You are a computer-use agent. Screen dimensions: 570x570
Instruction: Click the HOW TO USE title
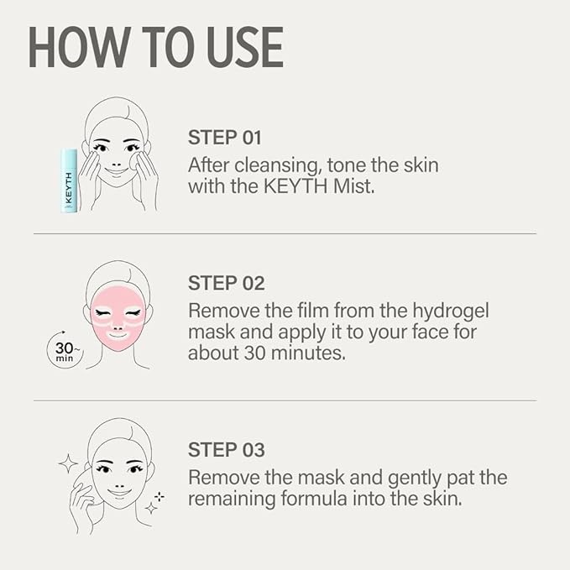tap(156, 48)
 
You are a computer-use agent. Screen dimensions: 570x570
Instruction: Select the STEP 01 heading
tap(226, 138)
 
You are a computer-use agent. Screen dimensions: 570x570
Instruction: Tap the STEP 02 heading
tap(226, 282)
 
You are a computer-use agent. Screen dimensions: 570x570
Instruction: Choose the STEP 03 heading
tap(226, 449)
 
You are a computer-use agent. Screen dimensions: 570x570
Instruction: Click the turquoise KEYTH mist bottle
tap(70, 180)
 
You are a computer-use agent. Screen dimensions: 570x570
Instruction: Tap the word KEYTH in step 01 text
tap(272, 186)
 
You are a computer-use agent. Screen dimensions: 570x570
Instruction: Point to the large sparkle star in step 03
tap(67, 463)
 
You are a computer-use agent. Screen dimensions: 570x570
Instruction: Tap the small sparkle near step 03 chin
tap(152, 507)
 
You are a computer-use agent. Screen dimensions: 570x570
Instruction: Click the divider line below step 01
tap(285, 233)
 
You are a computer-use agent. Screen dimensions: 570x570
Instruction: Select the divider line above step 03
tap(285, 400)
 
